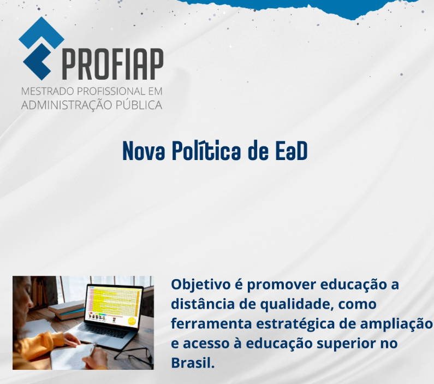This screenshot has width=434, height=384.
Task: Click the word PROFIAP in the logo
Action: (x=113, y=64)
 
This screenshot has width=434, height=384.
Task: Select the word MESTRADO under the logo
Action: (x=47, y=91)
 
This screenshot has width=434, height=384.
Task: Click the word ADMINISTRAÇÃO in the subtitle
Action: (x=67, y=105)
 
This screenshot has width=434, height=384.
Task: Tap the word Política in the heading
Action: (x=206, y=151)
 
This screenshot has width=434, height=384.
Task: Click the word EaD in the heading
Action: (x=292, y=151)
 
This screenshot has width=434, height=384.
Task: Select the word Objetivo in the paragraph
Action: (x=201, y=285)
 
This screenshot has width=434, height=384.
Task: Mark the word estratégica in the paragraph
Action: (x=295, y=324)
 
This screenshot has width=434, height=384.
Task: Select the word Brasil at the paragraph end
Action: (x=193, y=362)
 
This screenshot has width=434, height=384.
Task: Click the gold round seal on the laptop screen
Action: (x=131, y=321)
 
